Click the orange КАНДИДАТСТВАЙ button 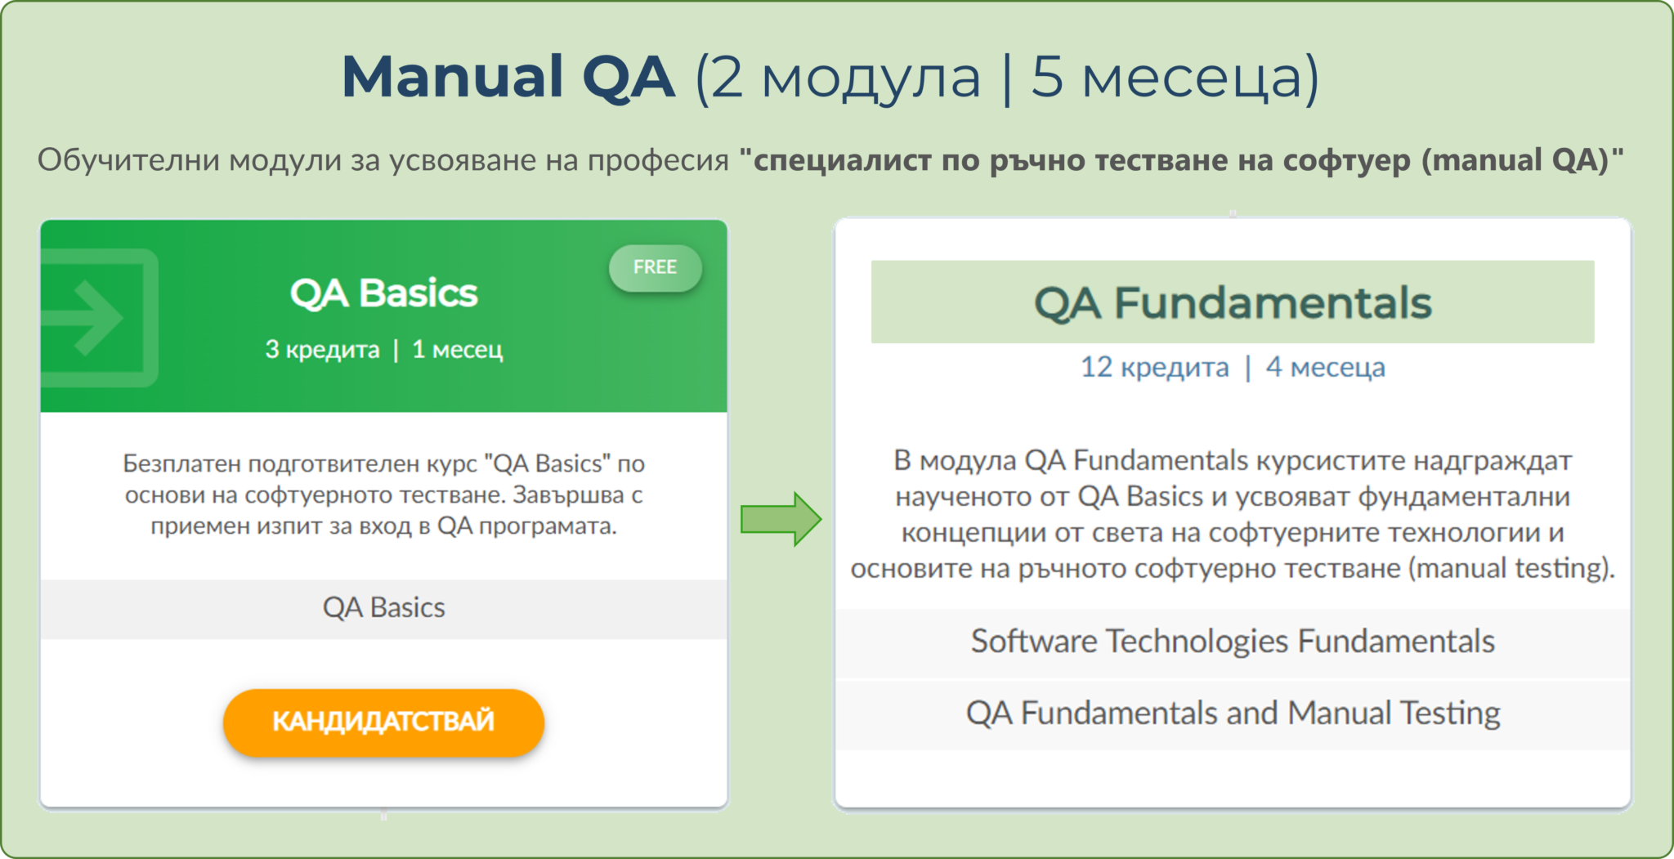[x=383, y=722]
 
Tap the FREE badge [x=655, y=267]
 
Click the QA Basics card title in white [x=383, y=293]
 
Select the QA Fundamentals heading [x=1232, y=302]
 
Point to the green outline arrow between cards [x=781, y=519]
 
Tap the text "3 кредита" [x=322, y=350]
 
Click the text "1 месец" [x=457, y=350]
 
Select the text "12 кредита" [x=1154, y=368]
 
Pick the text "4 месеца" [x=1325, y=368]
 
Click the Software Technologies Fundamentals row [x=1232, y=642]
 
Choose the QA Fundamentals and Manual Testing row [x=1232, y=714]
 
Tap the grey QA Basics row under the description [x=383, y=608]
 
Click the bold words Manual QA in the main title [x=508, y=77]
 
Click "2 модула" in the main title [x=845, y=77]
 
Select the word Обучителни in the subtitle [x=128, y=160]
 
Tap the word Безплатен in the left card [x=181, y=463]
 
